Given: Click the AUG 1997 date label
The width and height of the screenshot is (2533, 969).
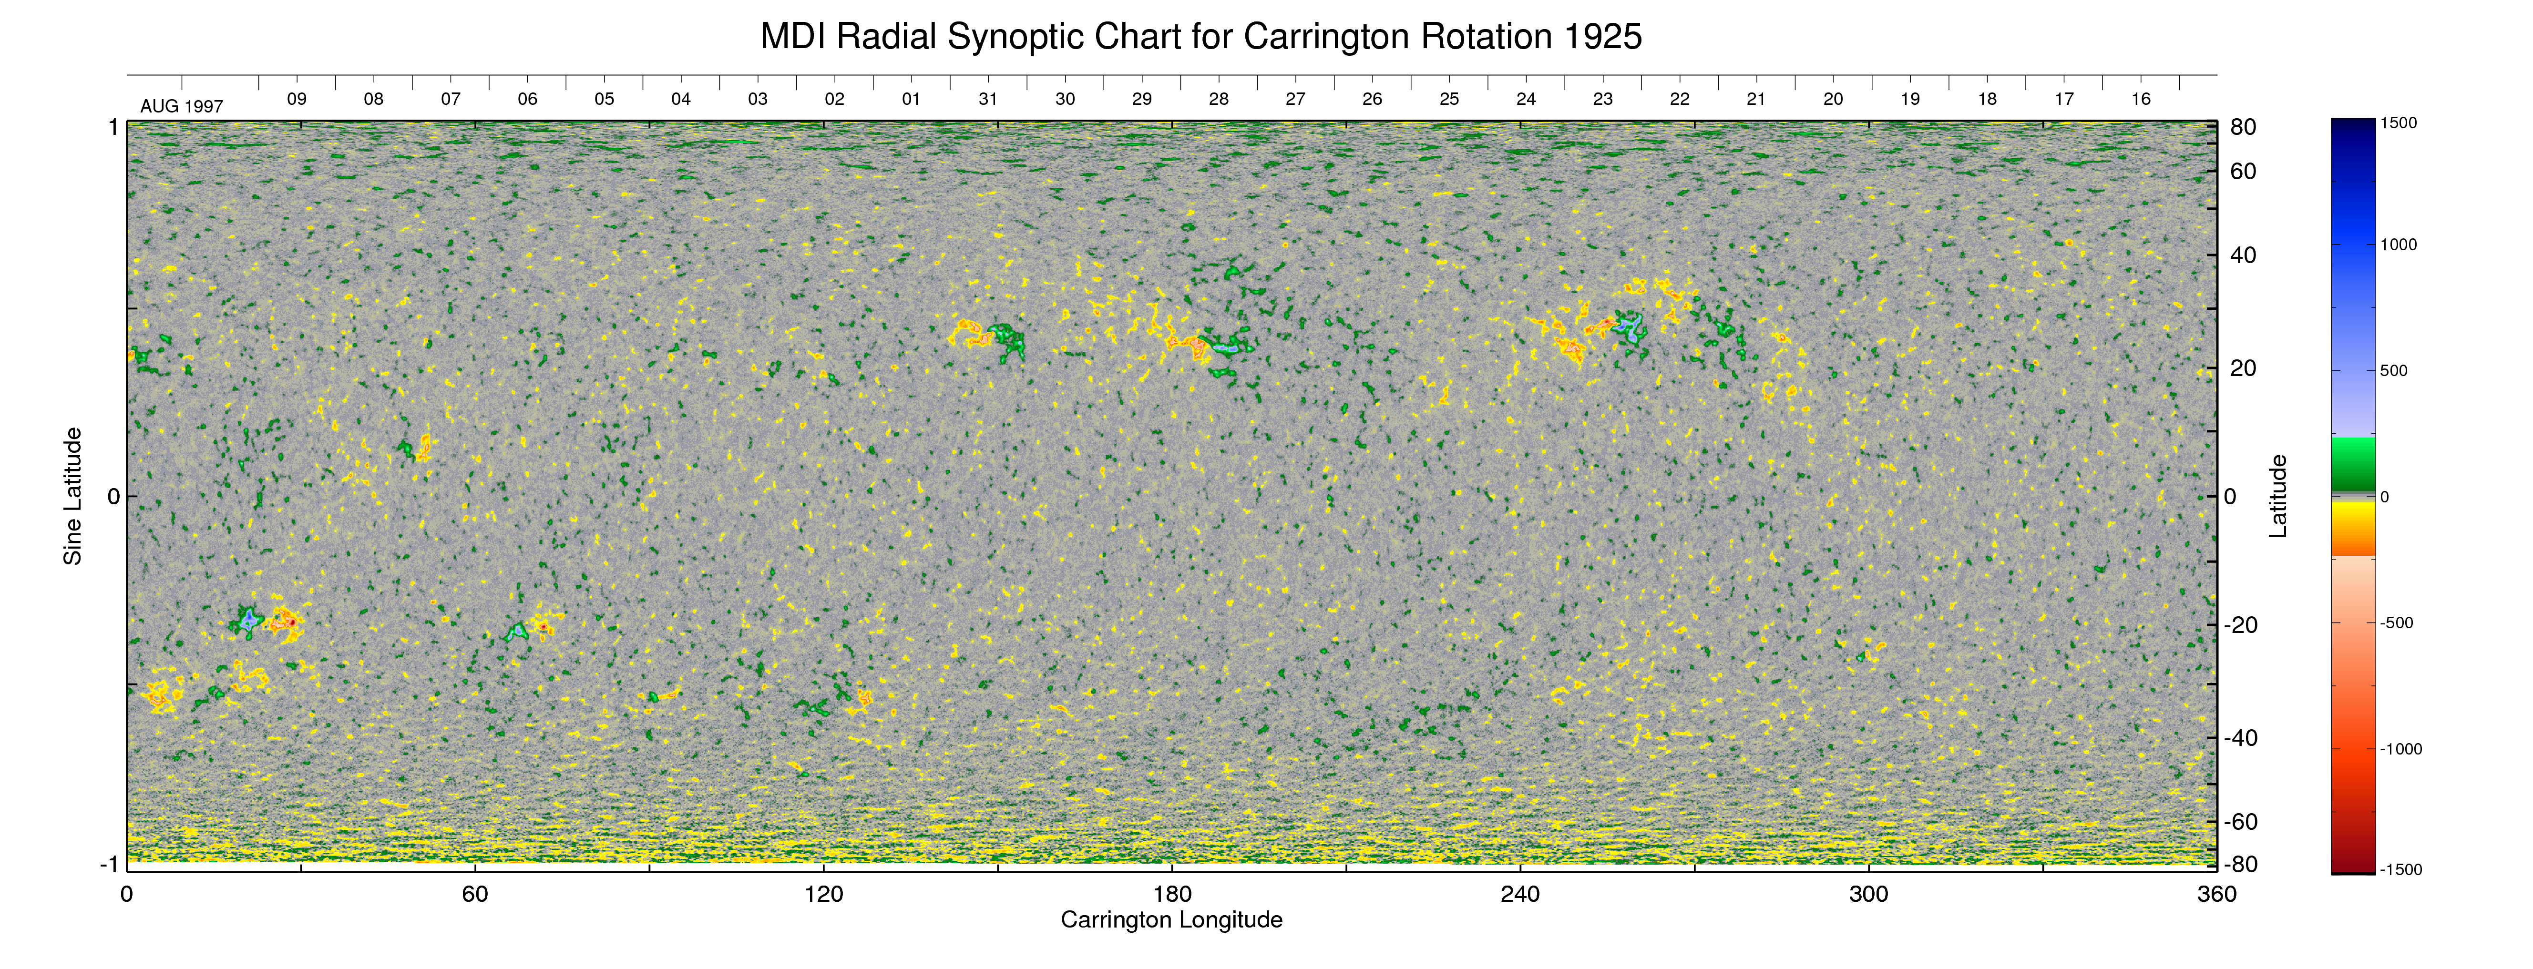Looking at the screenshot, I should tap(182, 106).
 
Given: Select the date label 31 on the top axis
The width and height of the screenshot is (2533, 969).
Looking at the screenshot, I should tap(988, 99).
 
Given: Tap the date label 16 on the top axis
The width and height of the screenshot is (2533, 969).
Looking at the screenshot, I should tap(2141, 99).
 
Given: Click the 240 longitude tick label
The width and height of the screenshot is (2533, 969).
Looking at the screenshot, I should tap(1520, 894).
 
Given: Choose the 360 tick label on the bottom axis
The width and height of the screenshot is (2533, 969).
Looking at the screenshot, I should tap(2216, 894).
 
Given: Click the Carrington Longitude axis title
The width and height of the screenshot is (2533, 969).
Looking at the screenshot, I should tap(1171, 920).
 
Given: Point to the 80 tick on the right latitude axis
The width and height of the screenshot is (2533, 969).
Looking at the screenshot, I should tap(2243, 128).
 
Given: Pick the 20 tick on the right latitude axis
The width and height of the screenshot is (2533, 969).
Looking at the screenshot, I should tap(2243, 368).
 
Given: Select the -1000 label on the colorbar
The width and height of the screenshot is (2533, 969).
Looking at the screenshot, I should tap(2400, 749).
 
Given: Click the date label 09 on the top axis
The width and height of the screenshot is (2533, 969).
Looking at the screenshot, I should tap(296, 99).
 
